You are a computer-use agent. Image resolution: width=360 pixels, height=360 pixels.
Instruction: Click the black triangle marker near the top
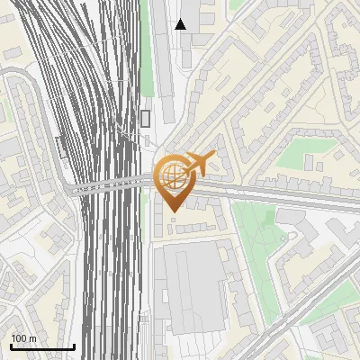[181, 24]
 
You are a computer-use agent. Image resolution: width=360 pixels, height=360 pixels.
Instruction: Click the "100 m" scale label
[24, 338]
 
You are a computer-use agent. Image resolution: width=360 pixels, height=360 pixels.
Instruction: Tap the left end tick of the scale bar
[11, 345]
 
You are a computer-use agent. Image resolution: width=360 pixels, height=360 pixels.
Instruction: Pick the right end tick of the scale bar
[74, 345]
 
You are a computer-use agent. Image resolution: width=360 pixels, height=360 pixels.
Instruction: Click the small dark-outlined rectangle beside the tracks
[145, 118]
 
